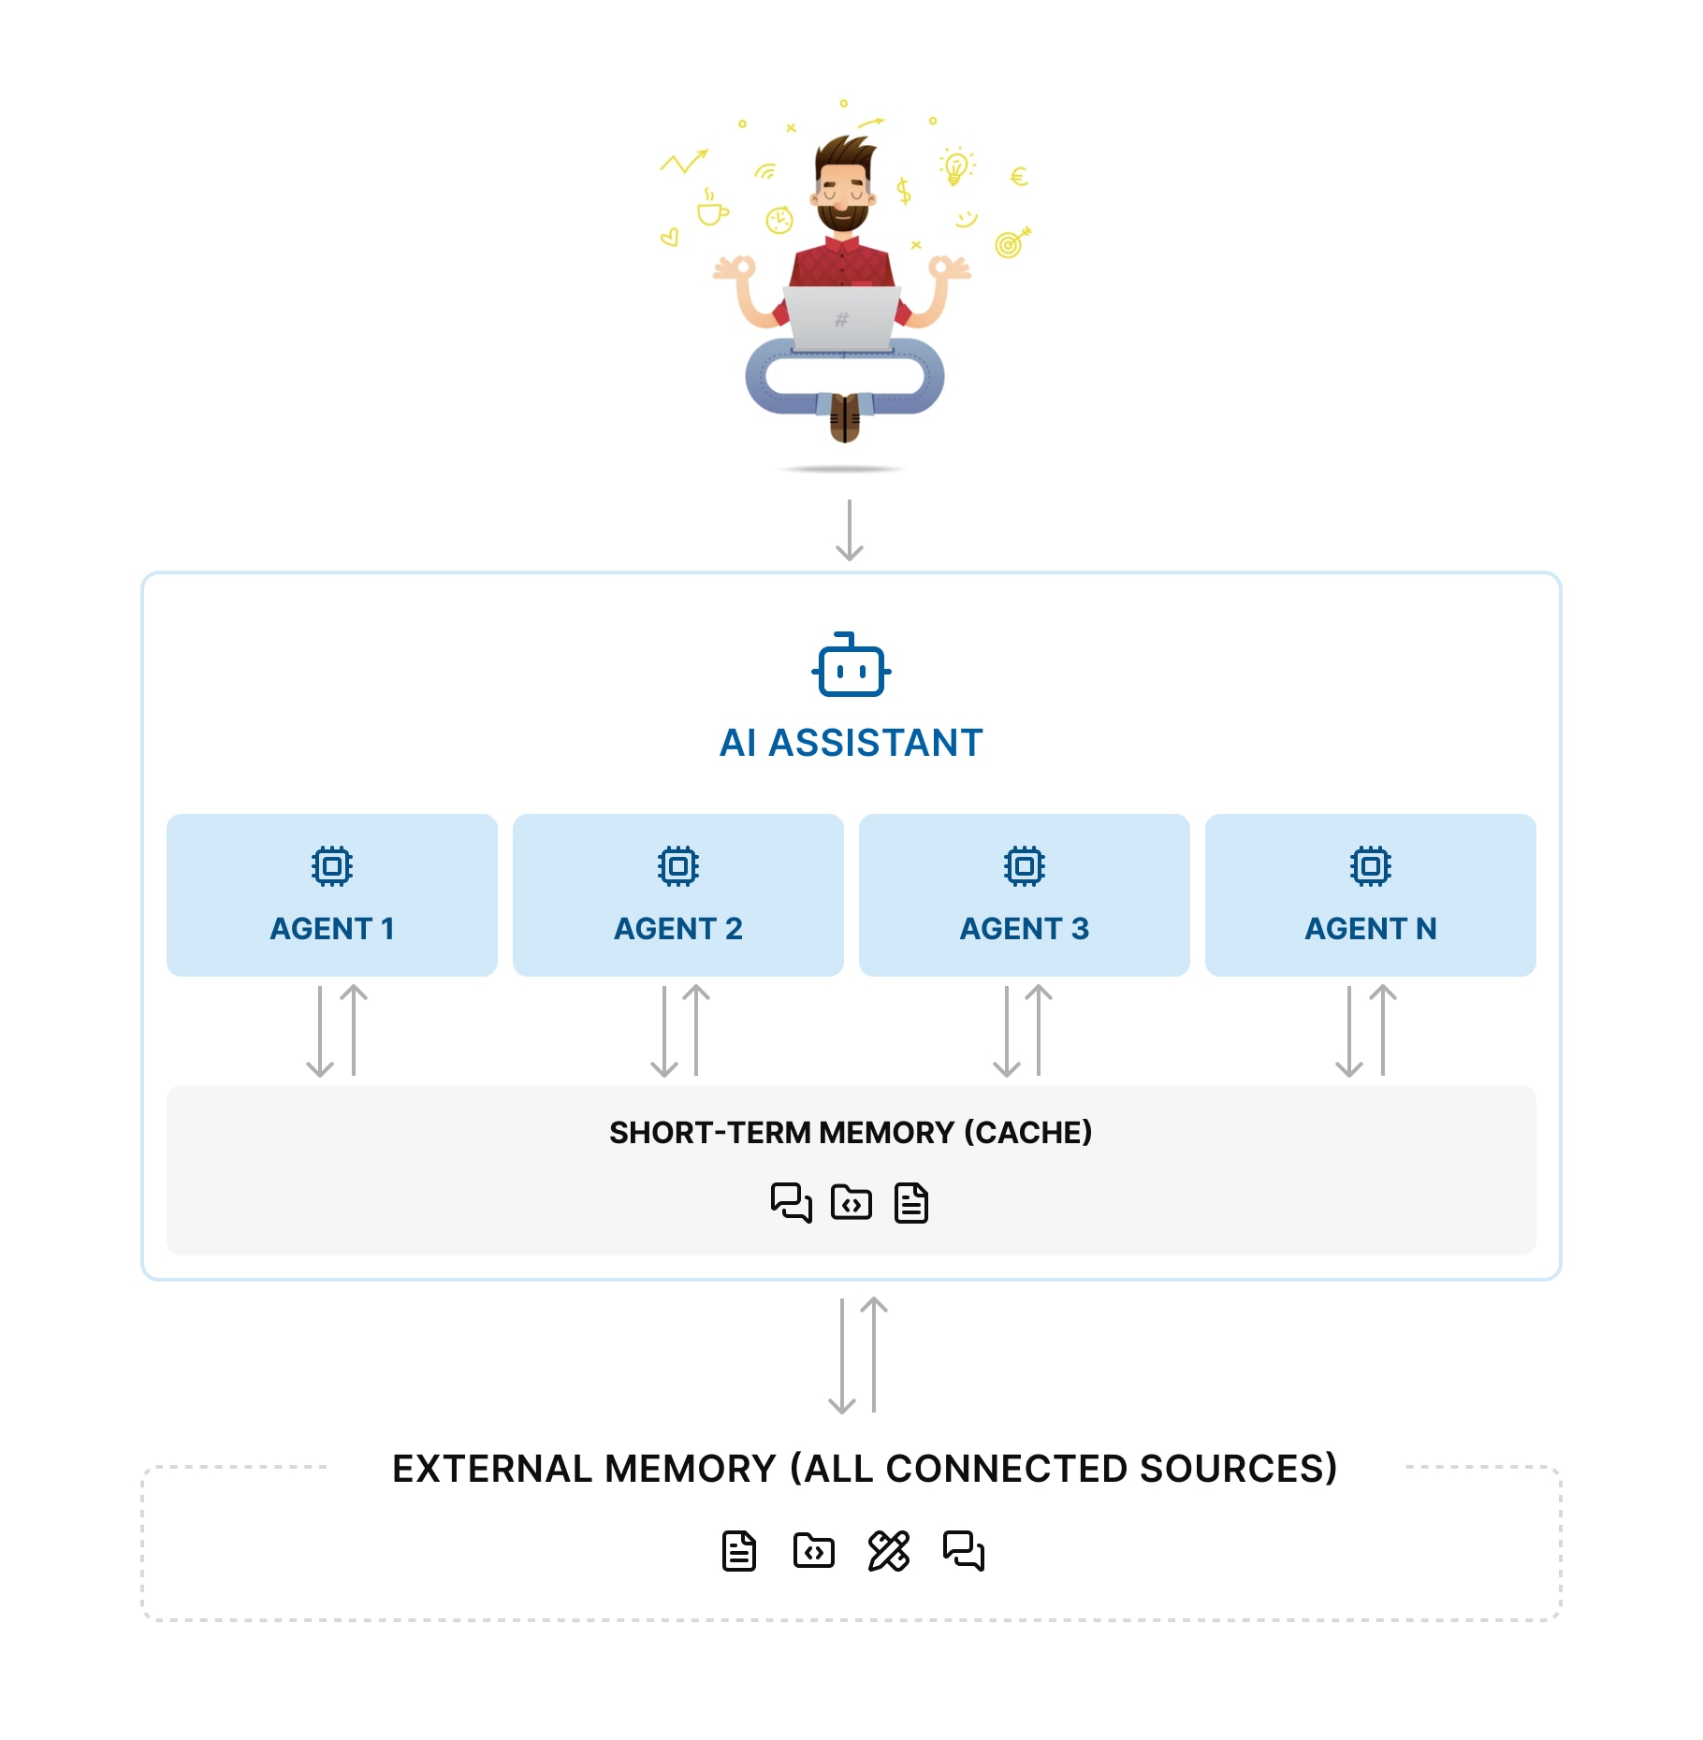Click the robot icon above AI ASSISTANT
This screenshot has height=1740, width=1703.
pyautogui.click(x=851, y=665)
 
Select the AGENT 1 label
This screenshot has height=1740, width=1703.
pyautogui.click(x=332, y=928)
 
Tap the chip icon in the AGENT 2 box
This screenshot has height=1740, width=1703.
pyautogui.click(x=678, y=865)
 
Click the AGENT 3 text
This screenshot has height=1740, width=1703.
pyautogui.click(x=1024, y=928)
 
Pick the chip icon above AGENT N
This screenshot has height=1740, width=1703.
pyautogui.click(x=1370, y=865)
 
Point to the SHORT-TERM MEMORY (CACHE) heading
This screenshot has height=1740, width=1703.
pyautogui.click(x=851, y=1132)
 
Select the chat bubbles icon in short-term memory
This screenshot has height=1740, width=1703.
pyautogui.click(x=791, y=1202)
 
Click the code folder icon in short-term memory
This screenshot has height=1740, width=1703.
pyautogui.click(x=851, y=1202)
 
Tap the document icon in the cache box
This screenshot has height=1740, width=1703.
pyautogui.click(x=910, y=1202)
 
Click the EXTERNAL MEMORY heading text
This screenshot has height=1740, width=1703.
pyautogui.click(x=865, y=1468)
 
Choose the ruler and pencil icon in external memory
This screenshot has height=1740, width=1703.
pyautogui.click(x=888, y=1551)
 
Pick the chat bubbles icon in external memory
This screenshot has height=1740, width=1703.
pyautogui.click(x=963, y=1551)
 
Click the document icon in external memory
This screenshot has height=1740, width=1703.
pyautogui.click(x=738, y=1551)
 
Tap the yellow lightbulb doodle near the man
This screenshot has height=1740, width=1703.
pyautogui.click(x=955, y=167)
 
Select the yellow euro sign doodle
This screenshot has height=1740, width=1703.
pyautogui.click(x=1019, y=176)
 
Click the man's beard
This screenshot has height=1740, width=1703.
pyautogui.click(x=842, y=217)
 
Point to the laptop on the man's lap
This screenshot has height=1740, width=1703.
pyautogui.click(x=841, y=319)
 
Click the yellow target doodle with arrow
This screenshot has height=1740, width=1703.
pyautogui.click(x=1011, y=243)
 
